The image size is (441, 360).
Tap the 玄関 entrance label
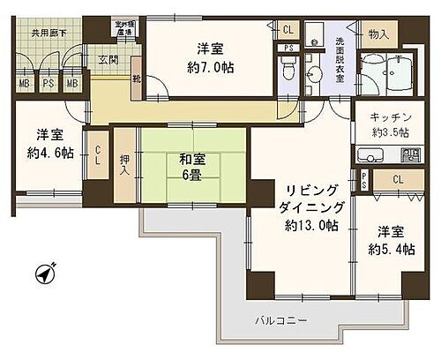[x=107, y=60]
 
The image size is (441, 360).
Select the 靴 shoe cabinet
[x=136, y=77]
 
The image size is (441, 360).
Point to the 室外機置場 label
[x=123, y=27]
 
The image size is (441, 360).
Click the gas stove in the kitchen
[x=410, y=155]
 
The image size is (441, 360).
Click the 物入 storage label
[x=377, y=34]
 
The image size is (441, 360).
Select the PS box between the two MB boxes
[x=48, y=84]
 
